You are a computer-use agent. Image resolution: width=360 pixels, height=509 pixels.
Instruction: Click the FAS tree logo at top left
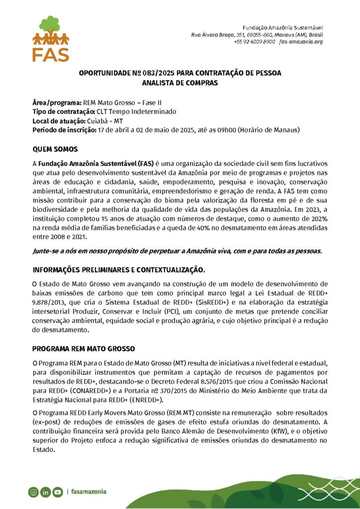tap(51, 38)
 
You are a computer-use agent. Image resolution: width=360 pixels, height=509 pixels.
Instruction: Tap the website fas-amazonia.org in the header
tap(301, 42)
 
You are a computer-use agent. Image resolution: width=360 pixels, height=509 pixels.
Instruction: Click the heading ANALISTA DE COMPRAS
tap(180, 83)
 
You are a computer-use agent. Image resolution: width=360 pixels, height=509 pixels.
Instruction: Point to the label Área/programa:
tap(54, 102)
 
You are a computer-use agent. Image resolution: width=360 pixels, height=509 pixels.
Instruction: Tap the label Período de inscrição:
tap(64, 130)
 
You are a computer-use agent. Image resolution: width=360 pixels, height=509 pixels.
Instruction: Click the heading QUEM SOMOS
tap(55, 149)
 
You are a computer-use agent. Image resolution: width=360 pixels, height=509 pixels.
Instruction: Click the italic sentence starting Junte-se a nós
tap(177, 251)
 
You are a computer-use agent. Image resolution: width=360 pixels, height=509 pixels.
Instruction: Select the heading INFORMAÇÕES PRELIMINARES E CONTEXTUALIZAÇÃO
tap(118, 270)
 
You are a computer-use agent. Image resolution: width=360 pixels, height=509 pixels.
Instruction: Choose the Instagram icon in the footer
tap(33, 492)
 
